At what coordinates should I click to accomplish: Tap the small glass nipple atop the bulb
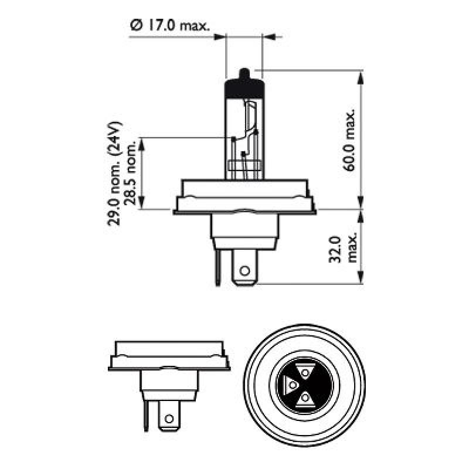pyautogui.click(x=244, y=73)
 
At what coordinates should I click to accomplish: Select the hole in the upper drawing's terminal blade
pyautogui.click(x=244, y=271)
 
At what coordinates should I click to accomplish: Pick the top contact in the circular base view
pyautogui.click(x=304, y=371)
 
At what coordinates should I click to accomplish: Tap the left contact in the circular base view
pyautogui.click(x=290, y=386)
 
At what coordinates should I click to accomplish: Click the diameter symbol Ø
pyautogui.click(x=135, y=25)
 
